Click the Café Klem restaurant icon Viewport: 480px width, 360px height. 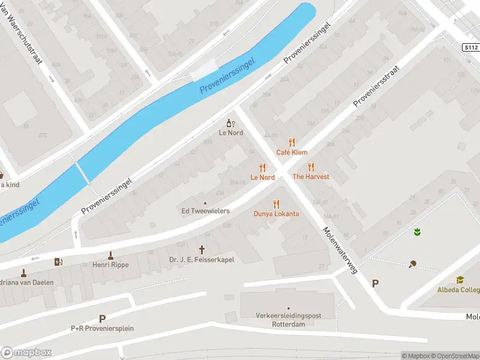click(x=292, y=142)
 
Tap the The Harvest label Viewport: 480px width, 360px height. click(x=311, y=177)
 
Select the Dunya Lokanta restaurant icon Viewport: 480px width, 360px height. click(x=276, y=204)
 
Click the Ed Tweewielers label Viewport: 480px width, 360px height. click(x=205, y=211)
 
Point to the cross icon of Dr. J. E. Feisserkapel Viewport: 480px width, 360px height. click(x=202, y=249)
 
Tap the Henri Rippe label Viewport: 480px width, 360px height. click(x=110, y=265)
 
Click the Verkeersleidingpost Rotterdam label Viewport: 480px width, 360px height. click(x=288, y=320)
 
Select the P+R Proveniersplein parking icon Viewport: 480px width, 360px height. click(x=102, y=319)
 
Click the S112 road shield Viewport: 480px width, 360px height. click(x=471, y=47)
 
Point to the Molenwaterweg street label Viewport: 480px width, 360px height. click(x=340, y=250)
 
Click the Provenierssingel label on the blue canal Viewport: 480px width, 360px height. click(x=227, y=76)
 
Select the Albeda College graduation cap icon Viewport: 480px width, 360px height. click(x=460, y=280)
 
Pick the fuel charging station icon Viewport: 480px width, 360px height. click(x=58, y=262)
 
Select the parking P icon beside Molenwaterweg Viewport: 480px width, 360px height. click(x=376, y=283)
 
